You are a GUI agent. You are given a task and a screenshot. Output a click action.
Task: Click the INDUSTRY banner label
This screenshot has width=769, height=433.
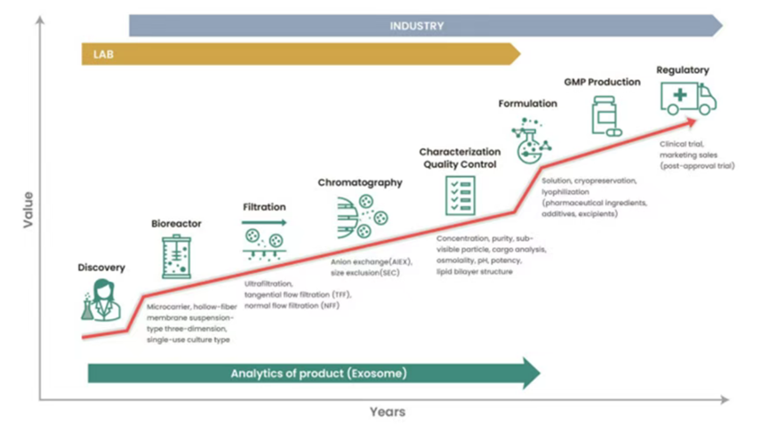pyautogui.click(x=416, y=26)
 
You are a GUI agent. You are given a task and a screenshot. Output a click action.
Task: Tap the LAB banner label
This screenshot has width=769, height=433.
pyautogui.click(x=104, y=54)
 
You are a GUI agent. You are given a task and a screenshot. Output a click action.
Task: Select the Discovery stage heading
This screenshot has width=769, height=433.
pyautogui.click(x=101, y=268)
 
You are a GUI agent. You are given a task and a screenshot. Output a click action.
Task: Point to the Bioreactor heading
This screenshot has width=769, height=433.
pyautogui.click(x=176, y=224)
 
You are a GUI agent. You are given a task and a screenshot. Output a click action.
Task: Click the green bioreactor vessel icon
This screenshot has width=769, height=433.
pyautogui.click(x=176, y=258)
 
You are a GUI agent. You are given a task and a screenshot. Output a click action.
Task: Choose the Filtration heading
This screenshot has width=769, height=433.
pyautogui.click(x=264, y=207)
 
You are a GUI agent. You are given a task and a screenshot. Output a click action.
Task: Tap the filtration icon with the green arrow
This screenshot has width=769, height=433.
pyautogui.click(x=264, y=241)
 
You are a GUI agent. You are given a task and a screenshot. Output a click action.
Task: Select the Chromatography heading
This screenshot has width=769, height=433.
pyautogui.click(x=360, y=182)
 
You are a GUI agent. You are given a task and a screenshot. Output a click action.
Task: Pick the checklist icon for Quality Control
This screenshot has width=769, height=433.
pyautogui.click(x=461, y=196)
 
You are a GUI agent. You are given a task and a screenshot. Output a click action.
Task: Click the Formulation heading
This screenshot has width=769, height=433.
pyautogui.click(x=527, y=103)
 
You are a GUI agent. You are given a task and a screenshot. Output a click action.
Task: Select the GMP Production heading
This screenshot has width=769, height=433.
pyautogui.click(x=602, y=82)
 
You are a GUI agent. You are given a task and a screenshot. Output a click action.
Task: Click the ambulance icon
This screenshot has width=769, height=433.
pyautogui.click(x=687, y=99)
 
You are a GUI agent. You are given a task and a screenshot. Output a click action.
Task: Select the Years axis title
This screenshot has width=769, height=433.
pyautogui.click(x=388, y=412)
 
